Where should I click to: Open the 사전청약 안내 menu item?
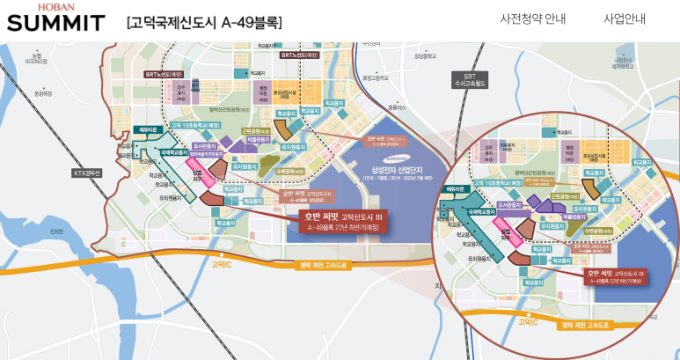click(x=532, y=18)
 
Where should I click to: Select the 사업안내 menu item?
click(x=625, y=18)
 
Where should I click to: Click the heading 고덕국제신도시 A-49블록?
click(x=204, y=22)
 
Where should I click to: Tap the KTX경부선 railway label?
click(x=87, y=173)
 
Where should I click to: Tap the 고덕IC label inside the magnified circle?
click(x=527, y=322)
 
